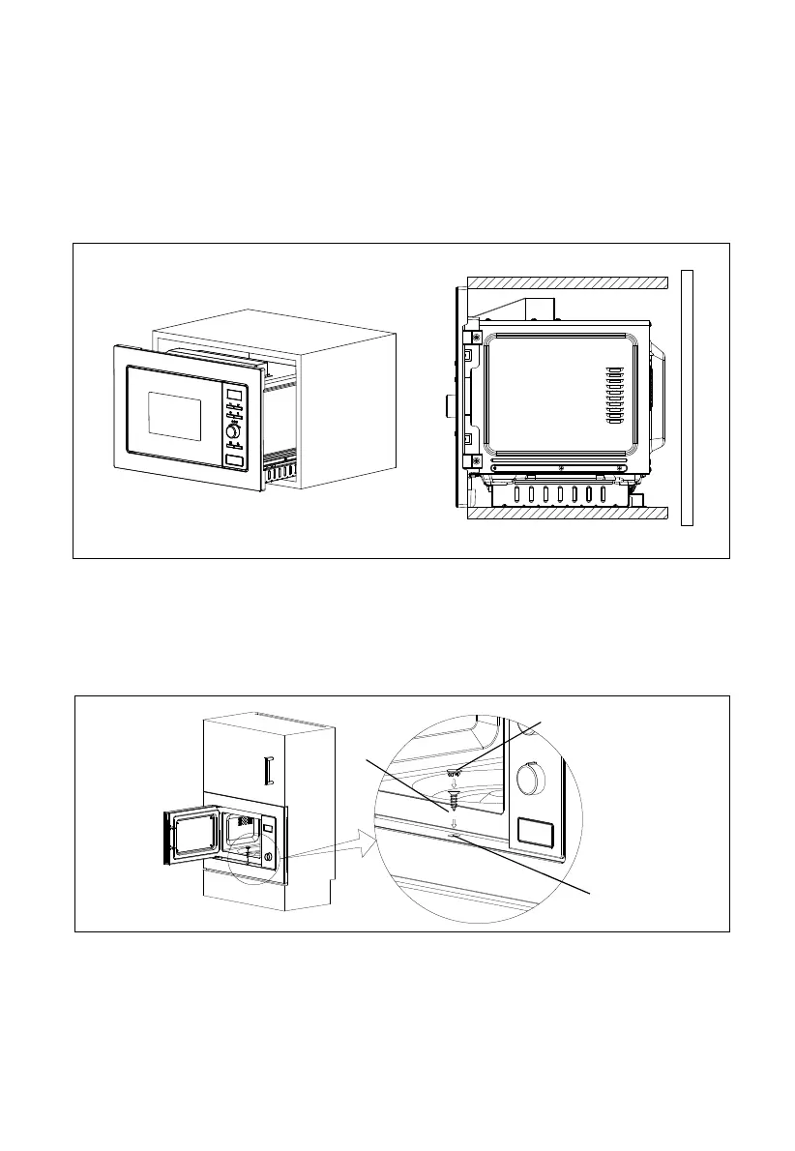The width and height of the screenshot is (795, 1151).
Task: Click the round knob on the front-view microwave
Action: pos(233,431)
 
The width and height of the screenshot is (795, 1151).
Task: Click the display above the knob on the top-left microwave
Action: pos(233,395)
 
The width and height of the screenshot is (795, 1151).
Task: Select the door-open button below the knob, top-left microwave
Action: pos(233,462)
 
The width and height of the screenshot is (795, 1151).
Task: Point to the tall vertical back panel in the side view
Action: pos(688,397)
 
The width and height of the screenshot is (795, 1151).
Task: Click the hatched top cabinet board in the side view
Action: pos(568,281)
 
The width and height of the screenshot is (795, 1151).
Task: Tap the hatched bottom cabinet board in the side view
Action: pos(568,512)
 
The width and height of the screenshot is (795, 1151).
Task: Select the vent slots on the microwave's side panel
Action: pos(612,395)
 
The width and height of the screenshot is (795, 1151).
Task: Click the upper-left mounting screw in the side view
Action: pos(477,336)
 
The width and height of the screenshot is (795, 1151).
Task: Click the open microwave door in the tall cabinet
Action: pos(183,836)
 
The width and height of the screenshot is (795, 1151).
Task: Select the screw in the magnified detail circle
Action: pos(452,801)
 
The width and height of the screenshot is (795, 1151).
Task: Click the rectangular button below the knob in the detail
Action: pos(535,832)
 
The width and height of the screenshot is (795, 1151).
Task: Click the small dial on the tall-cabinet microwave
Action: pos(268,857)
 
